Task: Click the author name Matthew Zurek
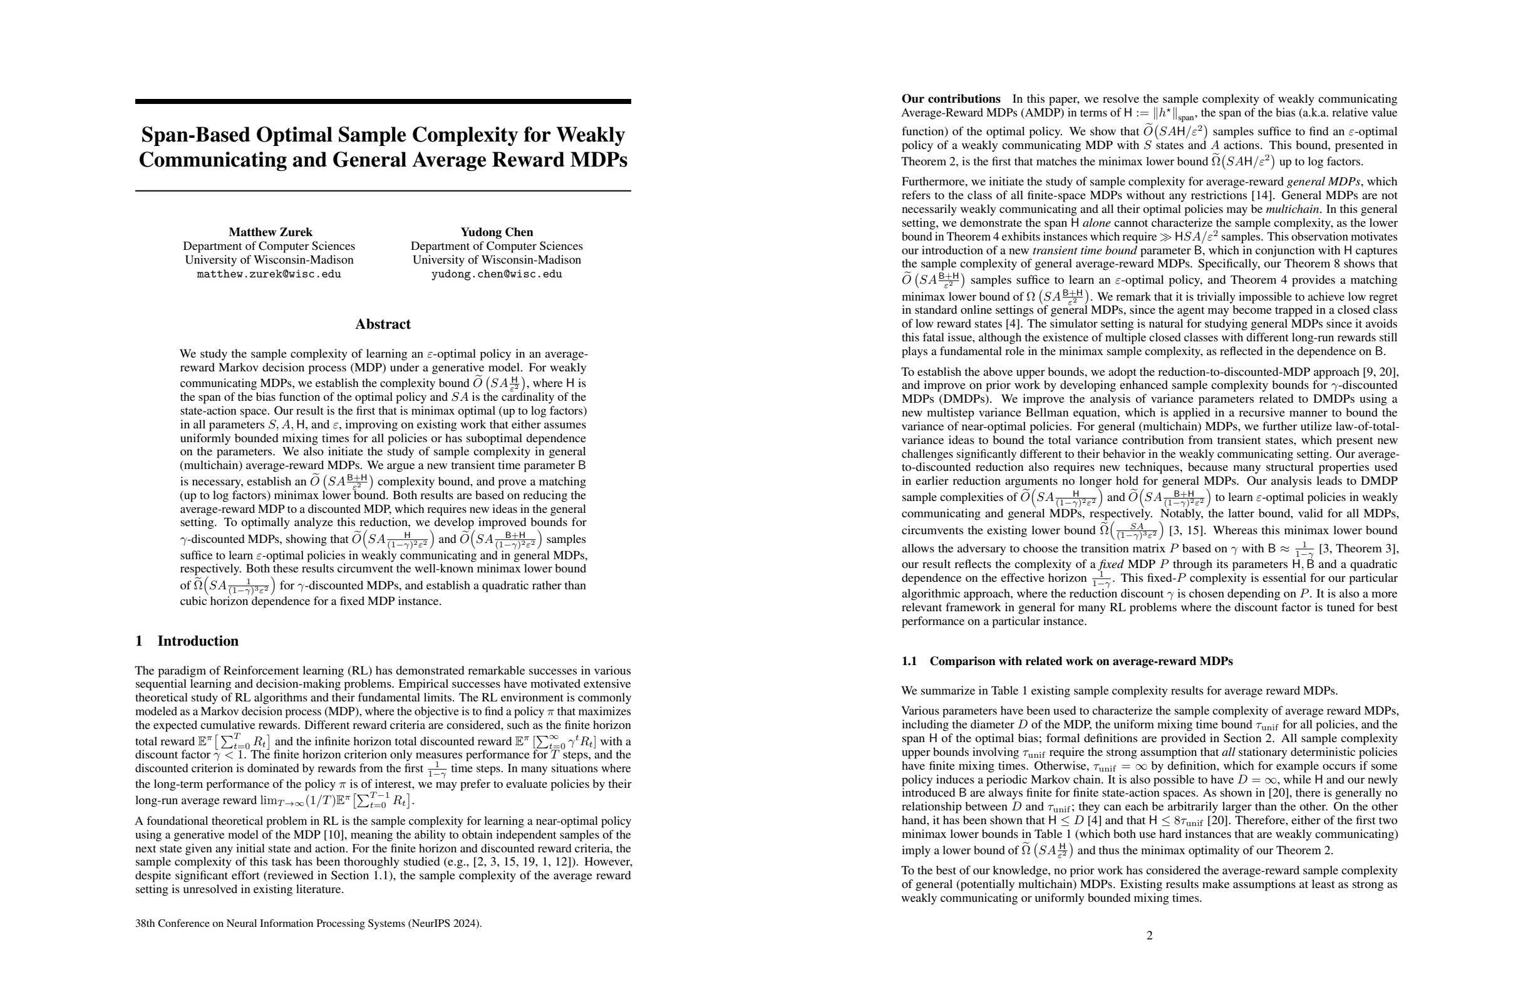coord(270,232)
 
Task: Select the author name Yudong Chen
coord(497,232)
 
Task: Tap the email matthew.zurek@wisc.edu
coord(269,274)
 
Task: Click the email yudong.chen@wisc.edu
coord(497,274)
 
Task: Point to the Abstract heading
coord(383,324)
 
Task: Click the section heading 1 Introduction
coord(187,641)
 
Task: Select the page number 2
coord(1150,935)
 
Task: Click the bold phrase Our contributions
coord(951,99)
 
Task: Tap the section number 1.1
coord(909,661)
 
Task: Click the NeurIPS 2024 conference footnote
coord(309,923)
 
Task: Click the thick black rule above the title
coord(383,101)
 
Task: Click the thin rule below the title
coord(383,190)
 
